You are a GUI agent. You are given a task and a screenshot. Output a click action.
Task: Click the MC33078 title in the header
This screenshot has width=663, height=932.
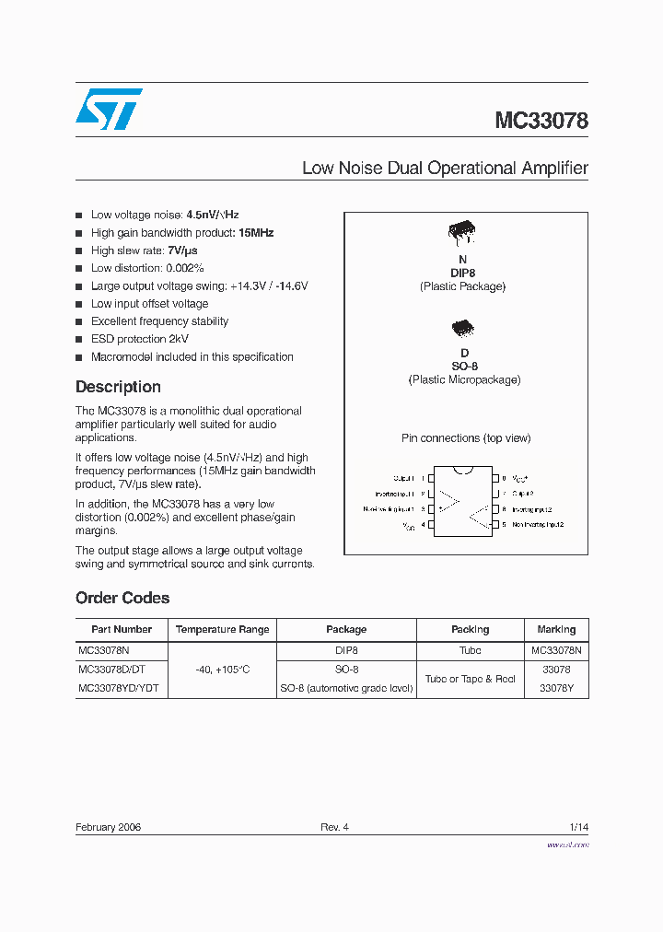pos(541,121)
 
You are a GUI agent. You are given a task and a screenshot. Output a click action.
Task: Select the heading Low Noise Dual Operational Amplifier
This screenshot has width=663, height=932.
pos(445,169)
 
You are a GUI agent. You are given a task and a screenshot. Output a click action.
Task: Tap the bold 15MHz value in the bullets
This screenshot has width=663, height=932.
pos(256,233)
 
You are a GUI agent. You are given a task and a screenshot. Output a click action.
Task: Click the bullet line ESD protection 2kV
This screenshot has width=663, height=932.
pos(139,339)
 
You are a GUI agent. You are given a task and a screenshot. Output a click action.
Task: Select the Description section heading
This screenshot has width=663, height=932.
pos(118,387)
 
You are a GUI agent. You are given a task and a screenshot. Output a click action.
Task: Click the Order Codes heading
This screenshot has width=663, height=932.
pos(122,598)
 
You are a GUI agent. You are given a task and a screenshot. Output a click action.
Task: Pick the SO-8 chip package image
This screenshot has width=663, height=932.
pos(463,328)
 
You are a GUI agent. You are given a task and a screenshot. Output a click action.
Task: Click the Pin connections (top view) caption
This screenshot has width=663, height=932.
pos(466,438)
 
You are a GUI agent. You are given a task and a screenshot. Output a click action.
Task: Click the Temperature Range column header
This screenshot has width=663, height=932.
pos(222,630)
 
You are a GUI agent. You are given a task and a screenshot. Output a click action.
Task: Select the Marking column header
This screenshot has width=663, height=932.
pos(556,630)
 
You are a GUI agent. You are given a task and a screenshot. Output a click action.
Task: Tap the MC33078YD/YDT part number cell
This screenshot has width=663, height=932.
pos(119,688)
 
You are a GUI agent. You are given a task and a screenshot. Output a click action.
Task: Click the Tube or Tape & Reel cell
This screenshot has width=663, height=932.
pos(470,679)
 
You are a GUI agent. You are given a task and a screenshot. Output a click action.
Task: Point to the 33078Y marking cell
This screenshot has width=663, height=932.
pos(556,688)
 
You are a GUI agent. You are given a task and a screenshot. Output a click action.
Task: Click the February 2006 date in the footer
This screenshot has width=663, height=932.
pos(108,827)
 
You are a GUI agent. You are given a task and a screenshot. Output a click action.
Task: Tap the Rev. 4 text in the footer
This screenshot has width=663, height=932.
pos(334,827)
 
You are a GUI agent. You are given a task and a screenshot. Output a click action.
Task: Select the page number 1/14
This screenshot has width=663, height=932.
pos(578,827)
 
